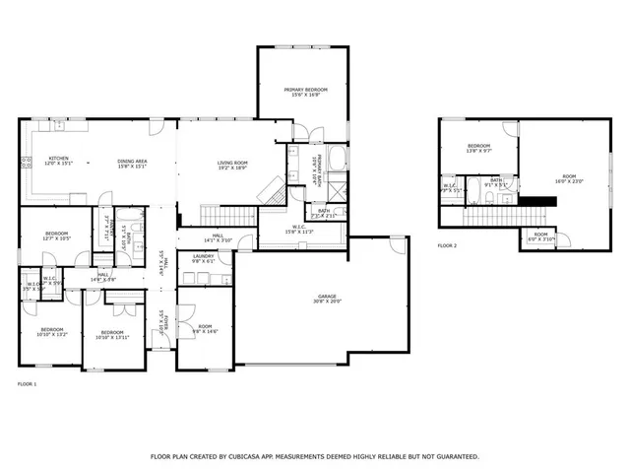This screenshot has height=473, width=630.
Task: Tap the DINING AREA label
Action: pyautogui.click(x=132, y=163)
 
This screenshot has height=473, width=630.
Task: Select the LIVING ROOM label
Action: pyautogui.click(x=232, y=163)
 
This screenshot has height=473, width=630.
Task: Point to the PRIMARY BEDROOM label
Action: pyautogui.click(x=305, y=90)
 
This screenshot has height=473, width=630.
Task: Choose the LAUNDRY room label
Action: pyautogui.click(x=203, y=256)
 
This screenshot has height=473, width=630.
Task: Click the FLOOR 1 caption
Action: pyautogui.click(x=28, y=382)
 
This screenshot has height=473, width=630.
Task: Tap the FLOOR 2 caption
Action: pyautogui.click(x=447, y=245)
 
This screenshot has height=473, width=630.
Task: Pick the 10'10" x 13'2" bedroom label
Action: pyautogui.click(x=51, y=332)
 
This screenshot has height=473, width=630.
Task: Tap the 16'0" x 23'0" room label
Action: pyautogui.click(x=569, y=179)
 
